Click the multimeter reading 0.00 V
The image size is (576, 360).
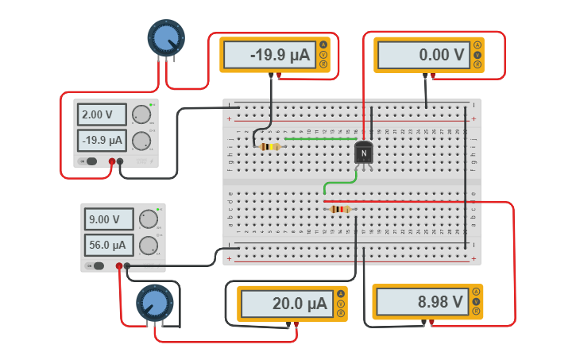[421, 56]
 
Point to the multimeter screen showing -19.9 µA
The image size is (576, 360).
[268, 56]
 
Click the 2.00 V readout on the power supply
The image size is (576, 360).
[102, 114]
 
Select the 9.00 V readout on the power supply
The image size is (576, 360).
[109, 219]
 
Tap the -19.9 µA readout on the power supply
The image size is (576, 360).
[102, 141]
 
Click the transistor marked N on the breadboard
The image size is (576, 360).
[363, 153]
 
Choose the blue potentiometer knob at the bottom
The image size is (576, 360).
[154, 303]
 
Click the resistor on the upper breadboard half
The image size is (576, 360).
[270, 146]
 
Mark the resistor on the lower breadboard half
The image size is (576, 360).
[339, 209]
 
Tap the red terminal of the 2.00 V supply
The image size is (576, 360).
[112, 161]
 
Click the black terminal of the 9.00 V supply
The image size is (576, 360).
[127, 266]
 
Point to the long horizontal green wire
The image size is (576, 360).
[318, 138]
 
